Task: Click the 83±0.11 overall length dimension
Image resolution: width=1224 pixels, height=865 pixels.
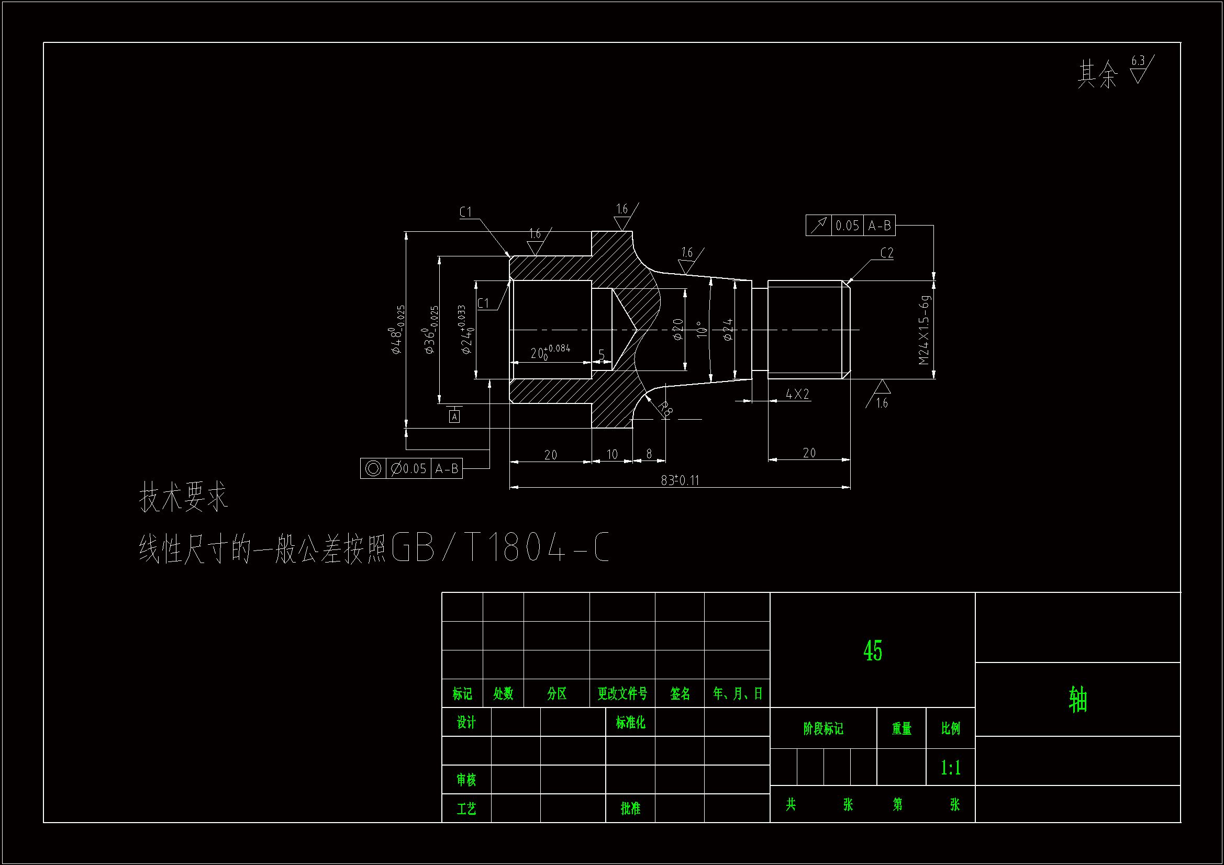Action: pyautogui.click(x=680, y=480)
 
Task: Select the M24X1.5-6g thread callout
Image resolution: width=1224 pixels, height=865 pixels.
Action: pyautogui.click(x=924, y=330)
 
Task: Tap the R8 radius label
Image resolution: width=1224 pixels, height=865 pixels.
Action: pyautogui.click(x=665, y=409)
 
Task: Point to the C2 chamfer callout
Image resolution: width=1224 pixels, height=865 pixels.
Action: pyautogui.click(x=886, y=253)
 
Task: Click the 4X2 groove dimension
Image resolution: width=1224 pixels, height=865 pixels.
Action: pyautogui.click(x=797, y=394)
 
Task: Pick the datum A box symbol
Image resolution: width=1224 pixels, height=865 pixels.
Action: pyautogui.click(x=454, y=416)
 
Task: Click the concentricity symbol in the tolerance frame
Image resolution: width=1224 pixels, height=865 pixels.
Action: pyautogui.click(x=373, y=468)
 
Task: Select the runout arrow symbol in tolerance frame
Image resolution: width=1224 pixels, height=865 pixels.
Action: pyautogui.click(x=818, y=226)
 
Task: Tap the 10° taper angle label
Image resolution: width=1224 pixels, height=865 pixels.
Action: pyautogui.click(x=702, y=329)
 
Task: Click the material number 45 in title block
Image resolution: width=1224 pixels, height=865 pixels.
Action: pyautogui.click(x=873, y=651)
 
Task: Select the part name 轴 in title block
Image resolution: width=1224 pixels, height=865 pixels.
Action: pyautogui.click(x=1077, y=699)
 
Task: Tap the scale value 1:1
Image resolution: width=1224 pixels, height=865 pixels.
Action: pyautogui.click(x=951, y=768)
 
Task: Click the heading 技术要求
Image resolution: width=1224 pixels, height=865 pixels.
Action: pyautogui.click(x=183, y=497)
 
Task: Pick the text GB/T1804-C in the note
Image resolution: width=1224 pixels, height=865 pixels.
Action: pyautogui.click(x=499, y=548)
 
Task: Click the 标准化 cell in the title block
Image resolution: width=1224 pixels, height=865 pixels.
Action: pyautogui.click(x=630, y=722)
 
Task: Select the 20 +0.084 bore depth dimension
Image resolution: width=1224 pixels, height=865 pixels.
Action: pyautogui.click(x=550, y=352)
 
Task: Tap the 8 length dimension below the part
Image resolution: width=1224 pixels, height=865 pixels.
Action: pyautogui.click(x=649, y=454)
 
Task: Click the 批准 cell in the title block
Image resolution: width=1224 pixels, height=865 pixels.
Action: pyautogui.click(x=630, y=808)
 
